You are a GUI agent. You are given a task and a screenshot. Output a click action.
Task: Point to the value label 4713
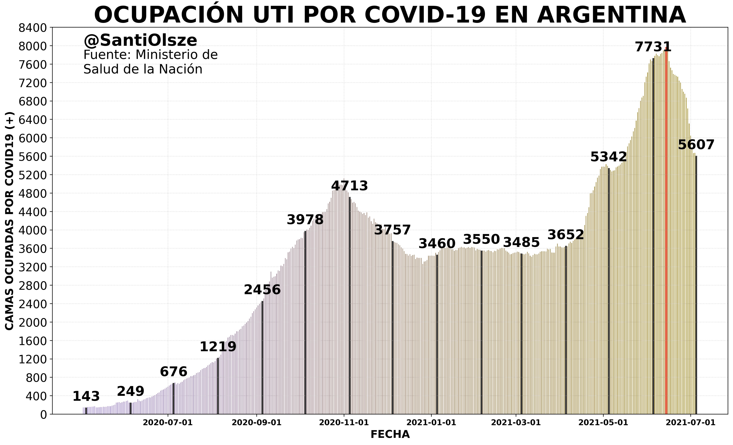click(x=349, y=186)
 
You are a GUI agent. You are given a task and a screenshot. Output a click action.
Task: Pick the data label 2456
click(x=262, y=290)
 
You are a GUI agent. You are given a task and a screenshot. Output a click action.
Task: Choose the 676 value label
click(x=173, y=372)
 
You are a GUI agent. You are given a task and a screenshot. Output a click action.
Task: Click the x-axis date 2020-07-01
click(x=168, y=423)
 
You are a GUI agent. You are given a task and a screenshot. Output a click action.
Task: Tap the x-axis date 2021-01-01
click(x=431, y=423)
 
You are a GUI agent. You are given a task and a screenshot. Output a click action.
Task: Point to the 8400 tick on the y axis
click(x=33, y=29)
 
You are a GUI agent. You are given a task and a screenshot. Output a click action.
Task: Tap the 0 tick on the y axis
click(x=43, y=415)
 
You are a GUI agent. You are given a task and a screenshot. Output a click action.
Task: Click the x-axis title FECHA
click(x=390, y=435)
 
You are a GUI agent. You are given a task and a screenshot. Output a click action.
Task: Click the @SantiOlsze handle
click(x=140, y=40)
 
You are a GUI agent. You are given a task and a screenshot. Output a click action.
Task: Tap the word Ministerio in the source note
click(x=176, y=55)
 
